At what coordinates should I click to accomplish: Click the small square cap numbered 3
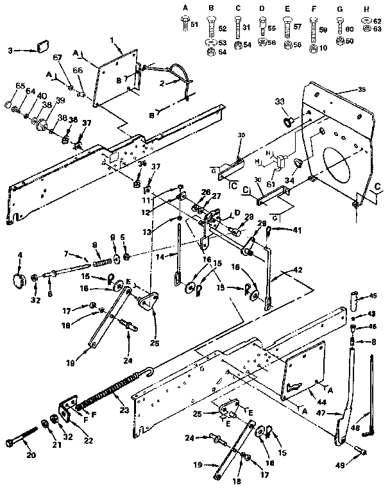point(43,47)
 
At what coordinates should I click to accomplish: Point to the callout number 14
point(158,256)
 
